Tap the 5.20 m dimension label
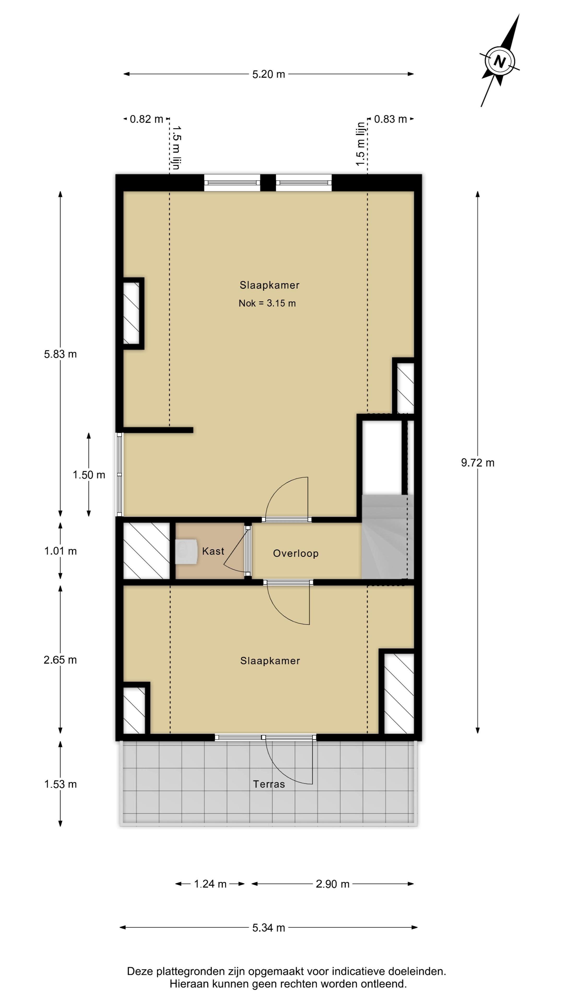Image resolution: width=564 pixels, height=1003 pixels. point(269,74)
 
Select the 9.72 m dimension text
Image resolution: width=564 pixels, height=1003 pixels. point(478,463)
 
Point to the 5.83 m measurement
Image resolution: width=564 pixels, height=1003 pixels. point(60,354)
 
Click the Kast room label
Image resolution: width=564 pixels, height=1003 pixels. point(213,551)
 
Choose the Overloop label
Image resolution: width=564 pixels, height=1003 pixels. point(296,553)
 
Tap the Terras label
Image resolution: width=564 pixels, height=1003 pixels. point(269,784)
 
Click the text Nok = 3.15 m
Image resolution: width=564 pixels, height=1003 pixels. point(267,303)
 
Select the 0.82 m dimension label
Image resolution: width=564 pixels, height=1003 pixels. point(146,119)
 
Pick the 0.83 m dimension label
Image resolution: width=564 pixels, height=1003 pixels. point(390,119)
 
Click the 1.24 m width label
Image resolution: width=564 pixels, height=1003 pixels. point(210,884)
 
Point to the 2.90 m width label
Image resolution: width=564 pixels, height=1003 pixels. point(332,884)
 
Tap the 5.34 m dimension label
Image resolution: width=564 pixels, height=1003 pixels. point(269,928)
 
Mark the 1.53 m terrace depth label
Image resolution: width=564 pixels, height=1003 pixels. point(60,784)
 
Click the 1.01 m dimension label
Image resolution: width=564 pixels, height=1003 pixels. point(60,551)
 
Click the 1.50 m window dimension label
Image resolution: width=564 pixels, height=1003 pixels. point(89,475)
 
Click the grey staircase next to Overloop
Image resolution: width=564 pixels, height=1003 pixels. point(387,537)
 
